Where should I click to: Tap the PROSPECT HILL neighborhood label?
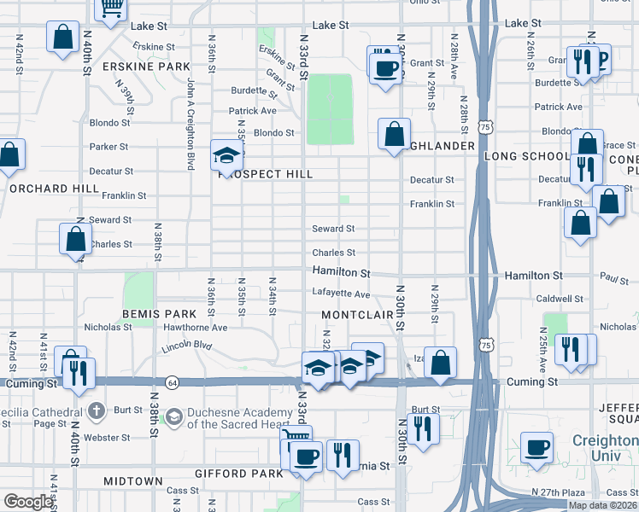coord(266,174)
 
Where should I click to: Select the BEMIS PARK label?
coord(153,315)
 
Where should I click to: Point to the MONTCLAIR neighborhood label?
coord(356,315)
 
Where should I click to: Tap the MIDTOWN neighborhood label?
coord(133,481)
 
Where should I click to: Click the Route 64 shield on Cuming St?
coord(173,381)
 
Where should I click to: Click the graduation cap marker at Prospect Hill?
coord(227,155)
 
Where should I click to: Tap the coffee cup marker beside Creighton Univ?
coord(537,448)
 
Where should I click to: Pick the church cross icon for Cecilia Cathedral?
coord(97,410)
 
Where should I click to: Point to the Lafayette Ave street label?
coord(341,294)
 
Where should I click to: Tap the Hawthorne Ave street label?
coord(195,328)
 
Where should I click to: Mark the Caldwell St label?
coord(560,299)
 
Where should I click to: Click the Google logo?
coord(27,503)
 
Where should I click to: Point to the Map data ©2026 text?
coord(602,505)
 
